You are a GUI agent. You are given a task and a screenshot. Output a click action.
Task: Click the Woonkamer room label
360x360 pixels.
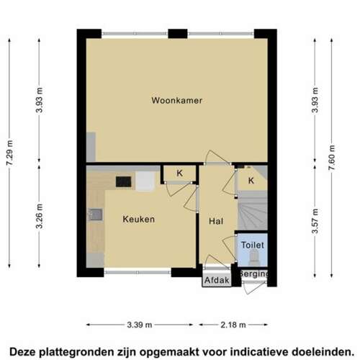[176, 100]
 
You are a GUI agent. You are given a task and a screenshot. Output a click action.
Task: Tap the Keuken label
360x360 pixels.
[139, 219]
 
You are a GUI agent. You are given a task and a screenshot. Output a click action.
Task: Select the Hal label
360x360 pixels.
[216, 221]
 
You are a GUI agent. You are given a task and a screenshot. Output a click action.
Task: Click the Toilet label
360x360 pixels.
[253, 245]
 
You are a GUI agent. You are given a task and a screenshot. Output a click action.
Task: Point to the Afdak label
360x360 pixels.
[217, 280]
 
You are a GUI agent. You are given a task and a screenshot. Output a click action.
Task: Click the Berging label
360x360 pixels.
[254, 274]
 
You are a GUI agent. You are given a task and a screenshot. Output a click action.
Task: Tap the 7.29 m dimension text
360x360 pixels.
[10, 153]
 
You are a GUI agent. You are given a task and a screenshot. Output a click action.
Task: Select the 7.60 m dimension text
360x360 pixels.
[331, 158]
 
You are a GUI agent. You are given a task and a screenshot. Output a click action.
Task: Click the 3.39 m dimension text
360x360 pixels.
[140, 325]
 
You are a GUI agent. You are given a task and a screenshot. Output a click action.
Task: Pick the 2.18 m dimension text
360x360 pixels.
[233, 325]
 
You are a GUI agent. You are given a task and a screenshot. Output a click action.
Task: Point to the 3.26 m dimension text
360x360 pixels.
[39, 216]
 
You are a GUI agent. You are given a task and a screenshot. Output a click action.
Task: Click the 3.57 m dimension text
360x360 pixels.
[315, 221]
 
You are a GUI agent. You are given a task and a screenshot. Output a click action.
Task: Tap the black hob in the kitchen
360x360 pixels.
[124, 181]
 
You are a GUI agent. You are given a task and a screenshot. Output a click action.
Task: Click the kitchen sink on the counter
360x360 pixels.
[95, 215]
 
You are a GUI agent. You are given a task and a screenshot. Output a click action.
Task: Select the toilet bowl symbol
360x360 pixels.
[254, 257]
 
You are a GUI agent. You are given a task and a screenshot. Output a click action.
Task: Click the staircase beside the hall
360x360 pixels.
[253, 210]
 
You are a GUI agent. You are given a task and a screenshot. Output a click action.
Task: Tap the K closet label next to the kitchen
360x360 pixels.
[179, 173]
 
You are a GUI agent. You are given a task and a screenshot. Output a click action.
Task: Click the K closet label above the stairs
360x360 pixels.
[251, 181]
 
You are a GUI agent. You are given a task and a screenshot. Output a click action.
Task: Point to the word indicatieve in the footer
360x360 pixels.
[258, 352]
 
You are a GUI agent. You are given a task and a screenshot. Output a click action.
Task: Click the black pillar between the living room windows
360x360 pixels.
[178, 34]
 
